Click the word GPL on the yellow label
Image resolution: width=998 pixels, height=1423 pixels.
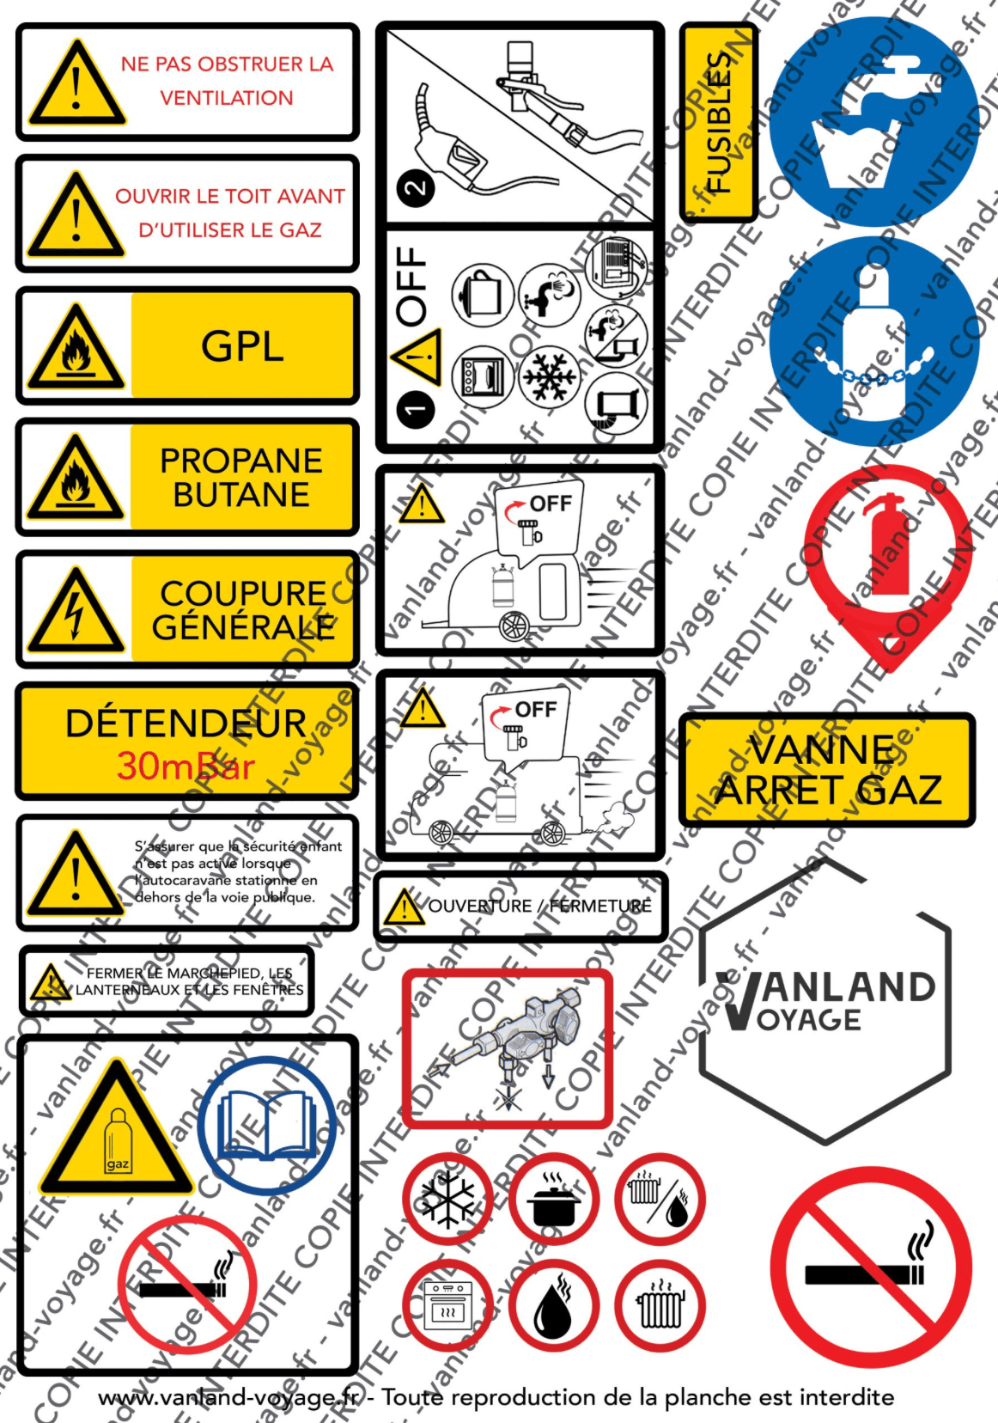click(x=242, y=346)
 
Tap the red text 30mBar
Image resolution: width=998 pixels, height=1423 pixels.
click(x=186, y=766)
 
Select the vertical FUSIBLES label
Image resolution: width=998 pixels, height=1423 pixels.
click(x=718, y=123)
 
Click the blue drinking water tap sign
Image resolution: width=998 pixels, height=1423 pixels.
click(x=875, y=121)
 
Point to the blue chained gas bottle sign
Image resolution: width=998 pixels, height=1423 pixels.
click(x=875, y=341)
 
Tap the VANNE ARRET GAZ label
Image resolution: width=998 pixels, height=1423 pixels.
click(x=827, y=770)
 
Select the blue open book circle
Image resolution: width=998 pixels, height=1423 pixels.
click(x=267, y=1125)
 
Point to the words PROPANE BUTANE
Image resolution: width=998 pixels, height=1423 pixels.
click(x=241, y=478)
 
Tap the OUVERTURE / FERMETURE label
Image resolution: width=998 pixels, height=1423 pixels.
click(x=539, y=906)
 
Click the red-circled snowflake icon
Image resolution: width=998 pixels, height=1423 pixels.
click(x=447, y=1199)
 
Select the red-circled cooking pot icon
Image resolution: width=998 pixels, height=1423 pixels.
click(x=554, y=1199)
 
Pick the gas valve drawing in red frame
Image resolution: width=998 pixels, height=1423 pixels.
click(x=508, y=1048)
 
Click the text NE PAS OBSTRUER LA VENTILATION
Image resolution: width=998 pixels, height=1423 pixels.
click(x=227, y=81)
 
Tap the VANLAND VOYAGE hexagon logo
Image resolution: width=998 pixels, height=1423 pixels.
click(x=825, y=1000)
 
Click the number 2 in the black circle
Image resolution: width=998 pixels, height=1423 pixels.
click(x=416, y=188)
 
